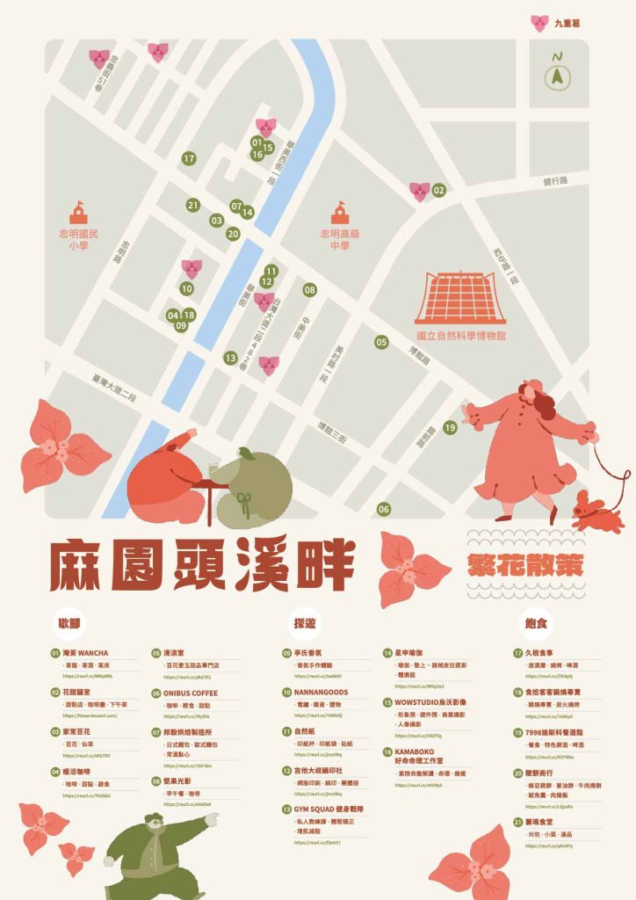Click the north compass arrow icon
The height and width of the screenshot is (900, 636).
(556, 78)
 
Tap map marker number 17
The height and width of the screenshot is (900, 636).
(189, 159)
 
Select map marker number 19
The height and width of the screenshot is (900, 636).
(450, 428)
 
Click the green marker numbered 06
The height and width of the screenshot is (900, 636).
(384, 509)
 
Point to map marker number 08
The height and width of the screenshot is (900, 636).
(309, 289)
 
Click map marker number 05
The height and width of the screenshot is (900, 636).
(381, 343)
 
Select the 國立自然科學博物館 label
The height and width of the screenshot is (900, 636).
(462, 336)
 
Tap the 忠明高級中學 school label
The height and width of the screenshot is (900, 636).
(340, 240)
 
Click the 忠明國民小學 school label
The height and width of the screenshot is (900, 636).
(79, 240)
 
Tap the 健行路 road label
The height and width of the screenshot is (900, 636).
(555, 181)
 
